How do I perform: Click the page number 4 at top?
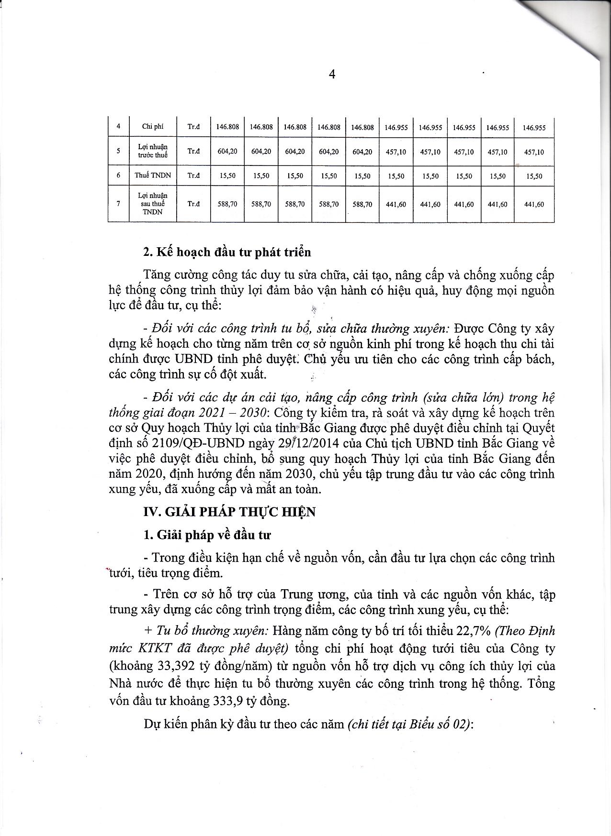[x=332, y=74]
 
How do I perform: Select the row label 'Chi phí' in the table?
[x=153, y=127]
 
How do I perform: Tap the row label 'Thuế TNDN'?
[x=153, y=176]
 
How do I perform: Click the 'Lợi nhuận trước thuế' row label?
[x=153, y=151]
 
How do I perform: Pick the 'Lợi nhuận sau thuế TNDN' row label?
[x=153, y=204]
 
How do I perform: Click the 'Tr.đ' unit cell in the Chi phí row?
[x=193, y=127]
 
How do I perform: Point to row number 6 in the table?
[x=118, y=176]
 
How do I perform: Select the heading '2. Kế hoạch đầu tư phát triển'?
[x=227, y=252]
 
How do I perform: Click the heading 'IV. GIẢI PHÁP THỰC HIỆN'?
[x=229, y=512]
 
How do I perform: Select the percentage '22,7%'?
[x=474, y=631]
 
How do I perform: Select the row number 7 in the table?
[x=118, y=204]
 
